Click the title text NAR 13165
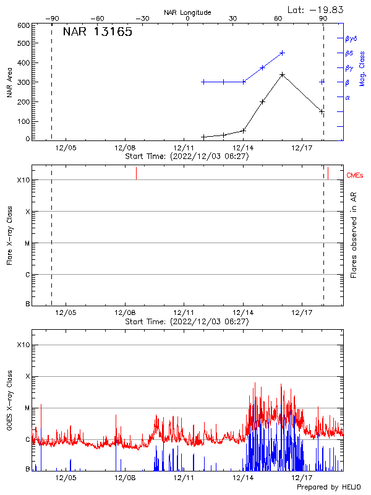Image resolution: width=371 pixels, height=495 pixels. pos(97,32)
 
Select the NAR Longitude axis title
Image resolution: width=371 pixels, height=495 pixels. pos(187,12)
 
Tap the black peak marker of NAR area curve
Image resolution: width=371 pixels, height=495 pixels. pos(282,75)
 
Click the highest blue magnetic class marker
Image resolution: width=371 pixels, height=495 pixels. pos(282,53)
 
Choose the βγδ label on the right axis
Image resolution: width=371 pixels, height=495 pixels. pos(351,38)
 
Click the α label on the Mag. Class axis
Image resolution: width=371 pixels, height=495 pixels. pos(348,97)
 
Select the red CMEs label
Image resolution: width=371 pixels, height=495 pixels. pos(355,176)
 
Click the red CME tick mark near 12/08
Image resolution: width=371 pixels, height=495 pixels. pos(136,173)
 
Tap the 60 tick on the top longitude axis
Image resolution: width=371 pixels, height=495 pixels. pos(278,19)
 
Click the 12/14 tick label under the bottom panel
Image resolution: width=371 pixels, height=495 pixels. pos(243,478)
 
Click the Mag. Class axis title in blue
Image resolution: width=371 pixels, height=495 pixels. pos(362,68)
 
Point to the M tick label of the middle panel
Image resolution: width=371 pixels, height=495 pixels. pos(27,243)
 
